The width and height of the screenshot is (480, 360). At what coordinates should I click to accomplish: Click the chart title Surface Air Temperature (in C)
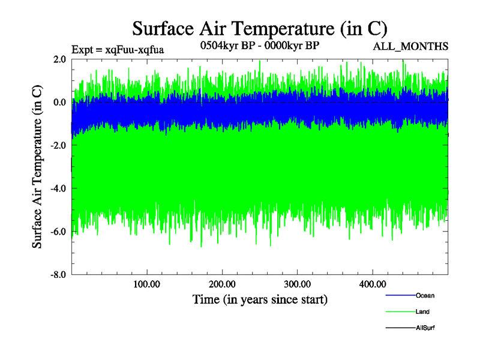(x=259, y=28)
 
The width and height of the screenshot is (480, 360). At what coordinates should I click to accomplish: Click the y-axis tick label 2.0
(x=59, y=59)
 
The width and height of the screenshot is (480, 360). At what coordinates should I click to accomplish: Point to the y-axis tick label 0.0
(x=59, y=103)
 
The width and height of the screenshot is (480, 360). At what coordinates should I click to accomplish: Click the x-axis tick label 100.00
(x=147, y=284)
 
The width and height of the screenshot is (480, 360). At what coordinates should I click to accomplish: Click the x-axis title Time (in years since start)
(x=260, y=299)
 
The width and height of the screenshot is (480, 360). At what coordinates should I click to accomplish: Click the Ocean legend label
(x=425, y=296)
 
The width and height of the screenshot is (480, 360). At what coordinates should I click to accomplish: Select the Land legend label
(x=422, y=312)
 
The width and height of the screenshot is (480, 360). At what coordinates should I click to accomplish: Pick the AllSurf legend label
(x=425, y=328)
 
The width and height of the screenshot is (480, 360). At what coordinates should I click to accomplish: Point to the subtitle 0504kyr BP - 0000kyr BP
(x=259, y=45)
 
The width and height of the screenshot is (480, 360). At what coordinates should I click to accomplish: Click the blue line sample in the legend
(x=400, y=296)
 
